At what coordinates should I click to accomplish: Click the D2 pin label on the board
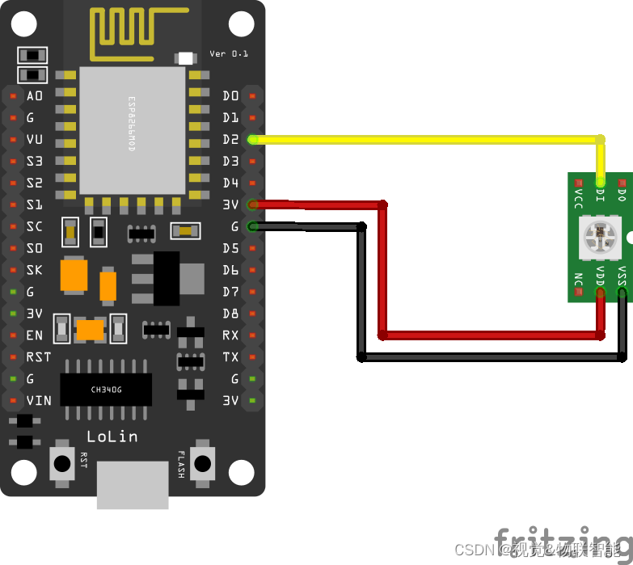coord(230,140)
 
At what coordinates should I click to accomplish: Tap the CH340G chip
coord(106,390)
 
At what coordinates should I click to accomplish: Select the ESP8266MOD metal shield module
coord(133,130)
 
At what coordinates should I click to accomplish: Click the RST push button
coord(61,463)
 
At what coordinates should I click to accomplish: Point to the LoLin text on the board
coord(112,436)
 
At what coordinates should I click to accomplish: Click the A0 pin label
coord(35,96)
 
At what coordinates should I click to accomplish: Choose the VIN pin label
coord(38,400)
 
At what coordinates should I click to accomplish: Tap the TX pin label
coord(230,356)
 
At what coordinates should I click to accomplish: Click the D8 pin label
coord(230,313)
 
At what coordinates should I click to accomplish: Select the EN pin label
coord(35,335)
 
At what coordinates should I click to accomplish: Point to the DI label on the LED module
coord(600,195)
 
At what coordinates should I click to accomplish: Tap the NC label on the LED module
coord(578,280)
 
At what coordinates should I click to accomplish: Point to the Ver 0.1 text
coord(229,53)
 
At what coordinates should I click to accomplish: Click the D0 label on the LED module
coord(622,195)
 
